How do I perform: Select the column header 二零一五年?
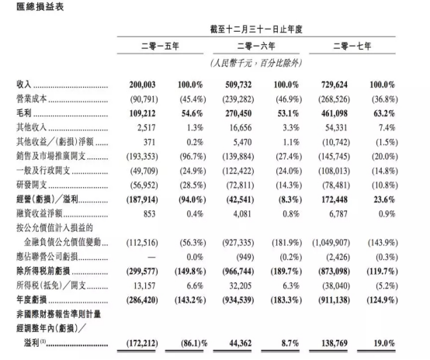pos(164,47)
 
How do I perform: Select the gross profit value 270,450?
pos(242,111)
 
